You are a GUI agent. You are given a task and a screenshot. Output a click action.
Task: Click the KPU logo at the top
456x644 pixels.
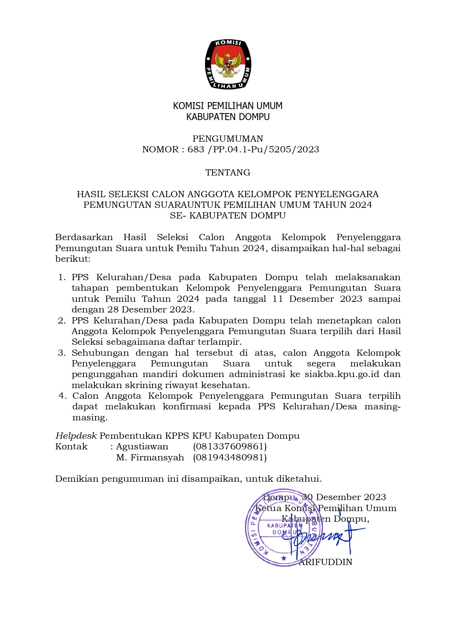[228, 64]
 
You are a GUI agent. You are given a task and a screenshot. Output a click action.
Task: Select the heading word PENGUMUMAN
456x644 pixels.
[228, 139]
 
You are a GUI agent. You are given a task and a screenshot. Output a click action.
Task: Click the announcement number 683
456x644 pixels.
[196, 149]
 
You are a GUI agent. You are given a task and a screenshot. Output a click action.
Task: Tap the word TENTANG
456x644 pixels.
[228, 173]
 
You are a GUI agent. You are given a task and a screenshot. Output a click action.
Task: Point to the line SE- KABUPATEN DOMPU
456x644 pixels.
[228, 216]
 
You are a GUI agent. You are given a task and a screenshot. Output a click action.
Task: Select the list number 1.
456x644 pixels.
[62, 277]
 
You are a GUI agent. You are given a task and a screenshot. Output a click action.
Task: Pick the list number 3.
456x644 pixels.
[61, 353]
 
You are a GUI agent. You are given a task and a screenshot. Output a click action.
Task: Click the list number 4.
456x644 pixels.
[62, 396]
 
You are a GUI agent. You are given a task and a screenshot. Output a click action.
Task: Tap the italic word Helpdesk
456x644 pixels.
[76, 436]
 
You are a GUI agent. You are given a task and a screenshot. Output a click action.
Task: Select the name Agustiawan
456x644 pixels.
[142, 447]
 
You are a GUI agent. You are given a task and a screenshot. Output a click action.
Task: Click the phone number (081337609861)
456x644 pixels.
[230, 447]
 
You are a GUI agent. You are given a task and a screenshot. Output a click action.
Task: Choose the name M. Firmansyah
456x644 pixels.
[150, 457]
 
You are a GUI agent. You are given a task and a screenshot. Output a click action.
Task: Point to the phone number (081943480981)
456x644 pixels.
[230, 457]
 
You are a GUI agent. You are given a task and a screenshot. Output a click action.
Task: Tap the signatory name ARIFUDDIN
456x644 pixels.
[326, 562]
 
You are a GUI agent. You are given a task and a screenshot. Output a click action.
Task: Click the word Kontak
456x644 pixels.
[71, 447]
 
